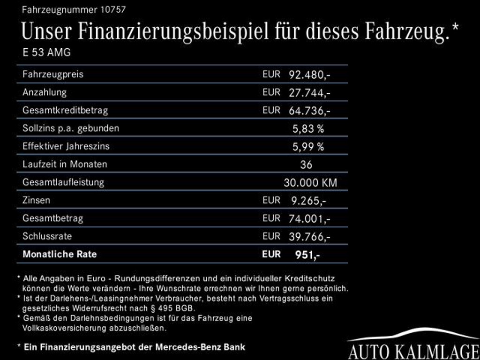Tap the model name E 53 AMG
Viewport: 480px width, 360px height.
pyautogui.click(x=46, y=52)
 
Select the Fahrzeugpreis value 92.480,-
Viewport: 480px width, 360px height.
pyautogui.click(x=309, y=75)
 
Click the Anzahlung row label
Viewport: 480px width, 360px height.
pyautogui.click(x=45, y=92)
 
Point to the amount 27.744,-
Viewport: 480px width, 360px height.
pyautogui.click(x=309, y=93)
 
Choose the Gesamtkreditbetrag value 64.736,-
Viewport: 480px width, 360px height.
pyautogui.click(x=309, y=111)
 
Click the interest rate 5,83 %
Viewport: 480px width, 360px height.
pyautogui.click(x=308, y=128)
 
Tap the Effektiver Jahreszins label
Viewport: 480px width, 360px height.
pyautogui.click(x=66, y=146)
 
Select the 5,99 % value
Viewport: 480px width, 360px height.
pyautogui.click(x=308, y=147)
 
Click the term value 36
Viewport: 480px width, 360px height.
pyautogui.click(x=306, y=165)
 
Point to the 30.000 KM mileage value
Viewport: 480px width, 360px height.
pyautogui.click(x=310, y=183)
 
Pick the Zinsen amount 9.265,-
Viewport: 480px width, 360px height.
pyautogui.click(x=308, y=201)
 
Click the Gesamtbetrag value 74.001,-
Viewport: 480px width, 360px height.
pyautogui.click(x=309, y=218)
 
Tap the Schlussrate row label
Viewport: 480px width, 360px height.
pyautogui.click(x=47, y=236)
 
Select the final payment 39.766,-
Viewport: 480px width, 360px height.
pyautogui.click(x=309, y=237)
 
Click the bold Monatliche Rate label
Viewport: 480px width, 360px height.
pyautogui.click(x=60, y=254)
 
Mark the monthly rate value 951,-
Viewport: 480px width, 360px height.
pyautogui.click(x=307, y=255)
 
